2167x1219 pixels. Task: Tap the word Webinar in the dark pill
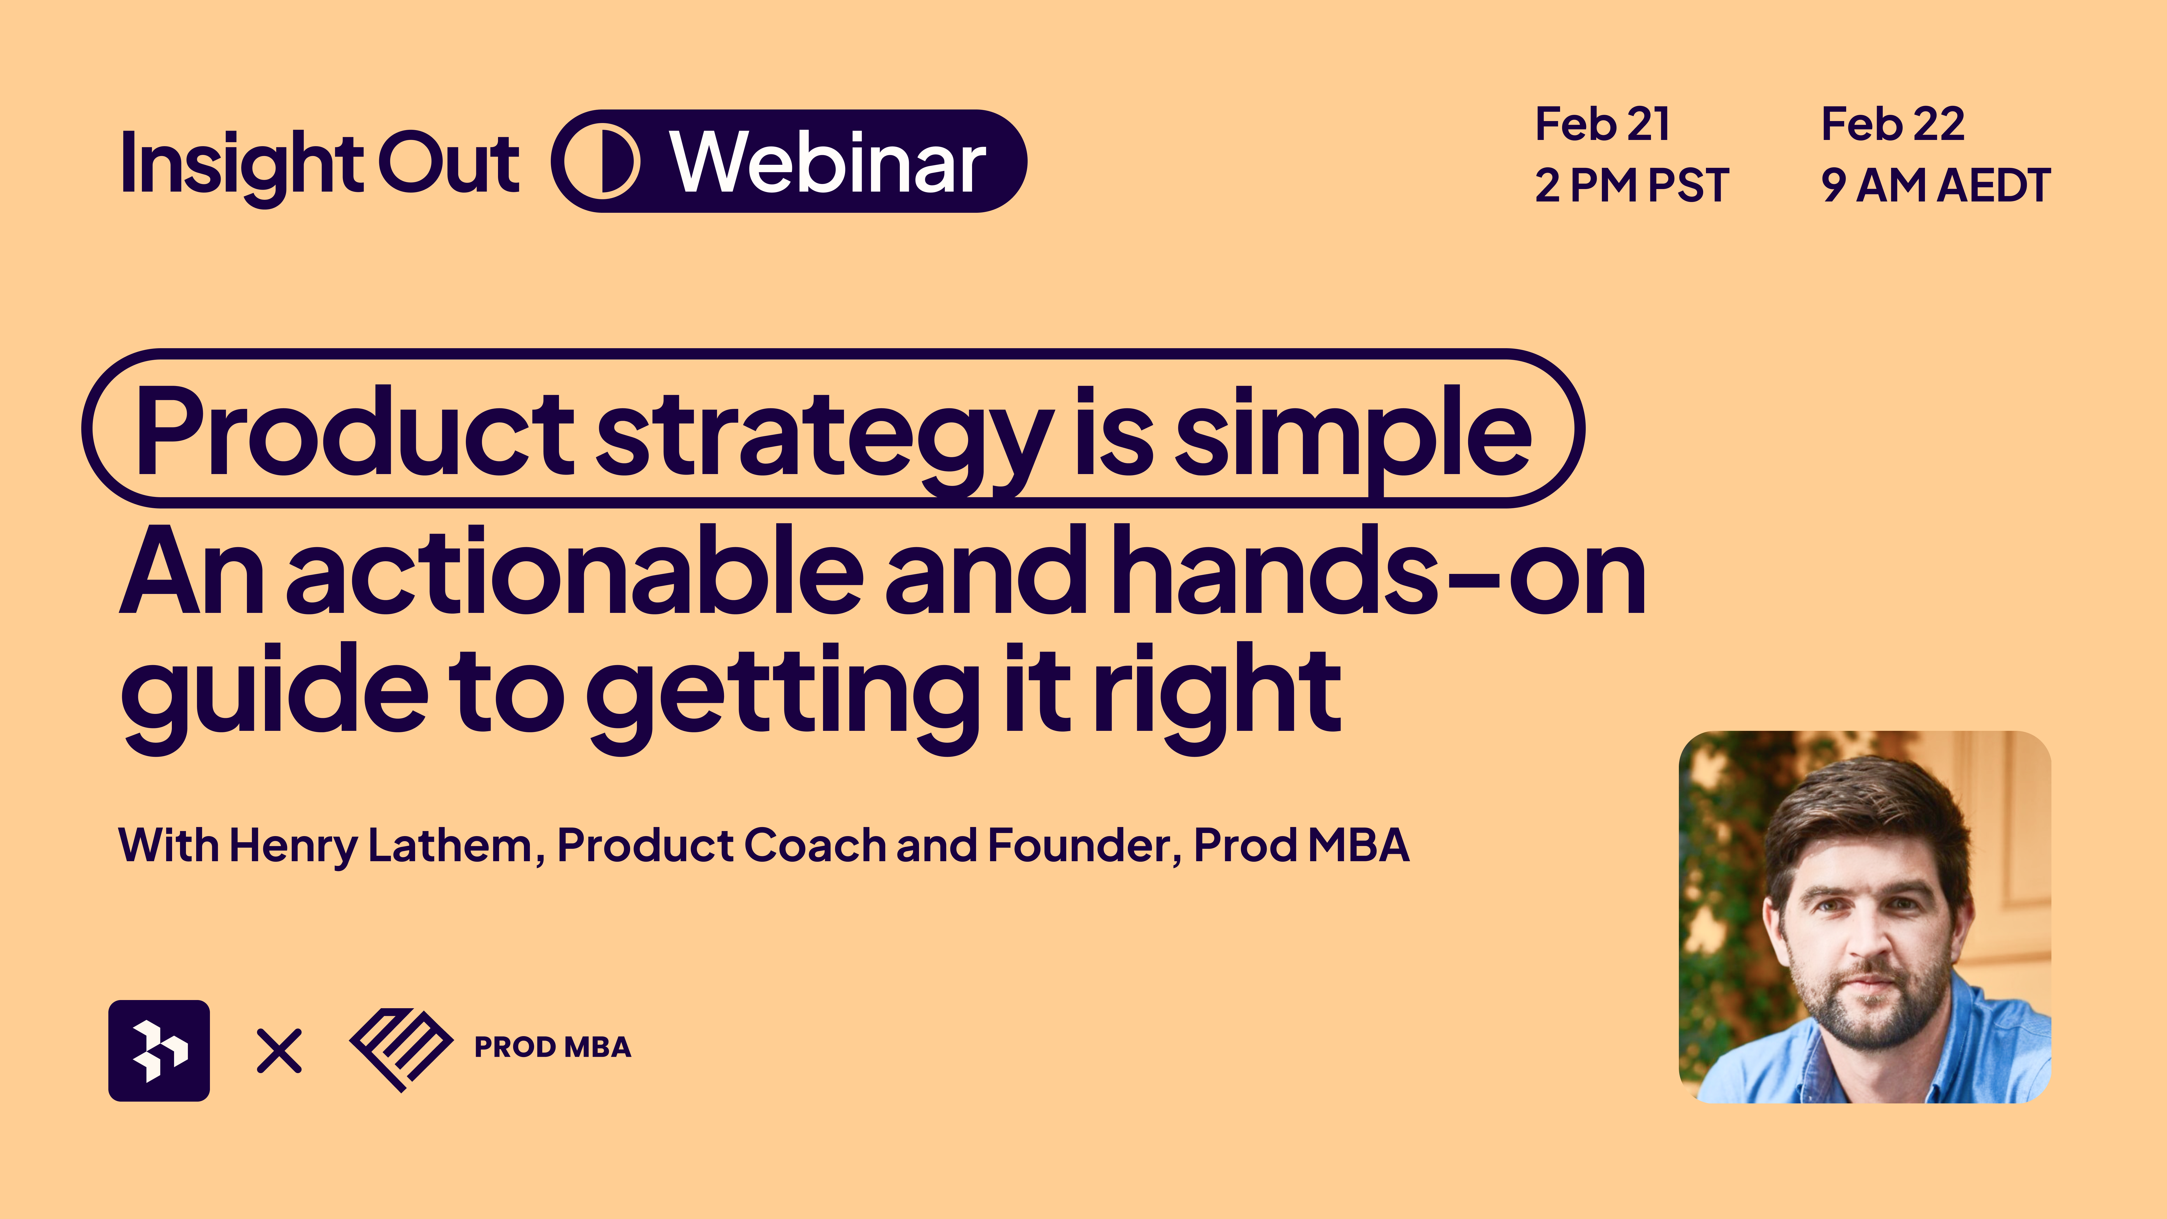coord(828,161)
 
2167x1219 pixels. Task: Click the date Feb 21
coord(1603,124)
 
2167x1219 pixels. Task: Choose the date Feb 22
coord(1893,124)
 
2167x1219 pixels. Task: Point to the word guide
coord(275,698)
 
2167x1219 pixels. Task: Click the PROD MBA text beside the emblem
coord(553,1047)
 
